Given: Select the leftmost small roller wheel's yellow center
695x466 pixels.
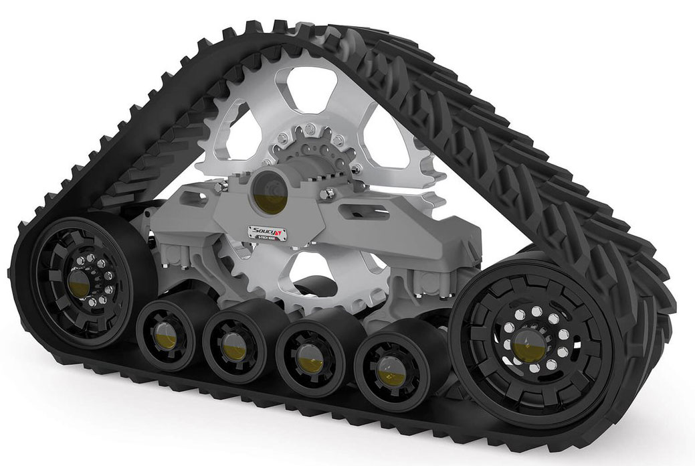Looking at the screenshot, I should click(163, 331).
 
